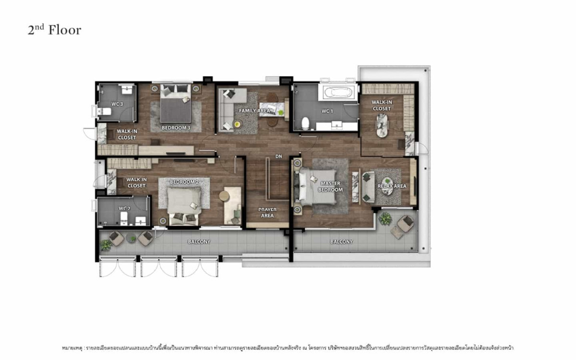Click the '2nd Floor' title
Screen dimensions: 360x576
[54, 30]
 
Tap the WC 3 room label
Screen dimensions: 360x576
[118, 104]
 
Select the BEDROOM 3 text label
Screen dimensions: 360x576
[176, 128]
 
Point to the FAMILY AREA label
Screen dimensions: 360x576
[254, 111]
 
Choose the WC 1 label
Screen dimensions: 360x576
[327, 111]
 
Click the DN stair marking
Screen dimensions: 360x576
[279, 156]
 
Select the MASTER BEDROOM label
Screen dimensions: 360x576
[331, 187]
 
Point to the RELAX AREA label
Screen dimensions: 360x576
[392, 186]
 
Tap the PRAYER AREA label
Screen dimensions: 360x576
[267, 213]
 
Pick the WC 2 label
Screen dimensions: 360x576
[124, 208]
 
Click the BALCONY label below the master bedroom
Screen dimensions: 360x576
[341, 242]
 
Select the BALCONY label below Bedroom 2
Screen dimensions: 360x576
[199, 242]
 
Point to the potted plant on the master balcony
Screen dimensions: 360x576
[385, 219]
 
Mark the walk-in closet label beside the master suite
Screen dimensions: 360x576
[382, 106]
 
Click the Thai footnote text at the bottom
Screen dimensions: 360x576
[288, 347]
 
